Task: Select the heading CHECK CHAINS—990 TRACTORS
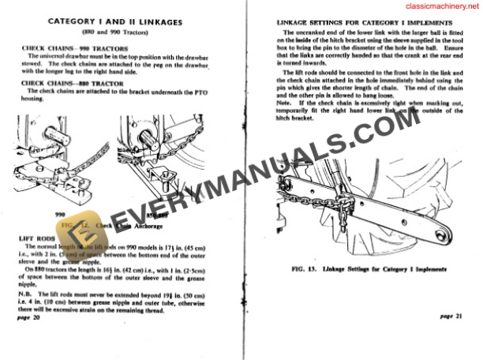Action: [74, 48]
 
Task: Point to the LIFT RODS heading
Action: [37, 238]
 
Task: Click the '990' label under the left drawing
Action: [58, 213]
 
